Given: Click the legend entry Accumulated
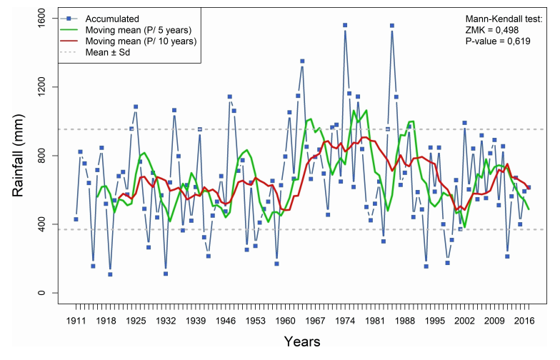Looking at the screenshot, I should click(x=111, y=19).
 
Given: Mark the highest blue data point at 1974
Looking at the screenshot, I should click(x=345, y=25).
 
